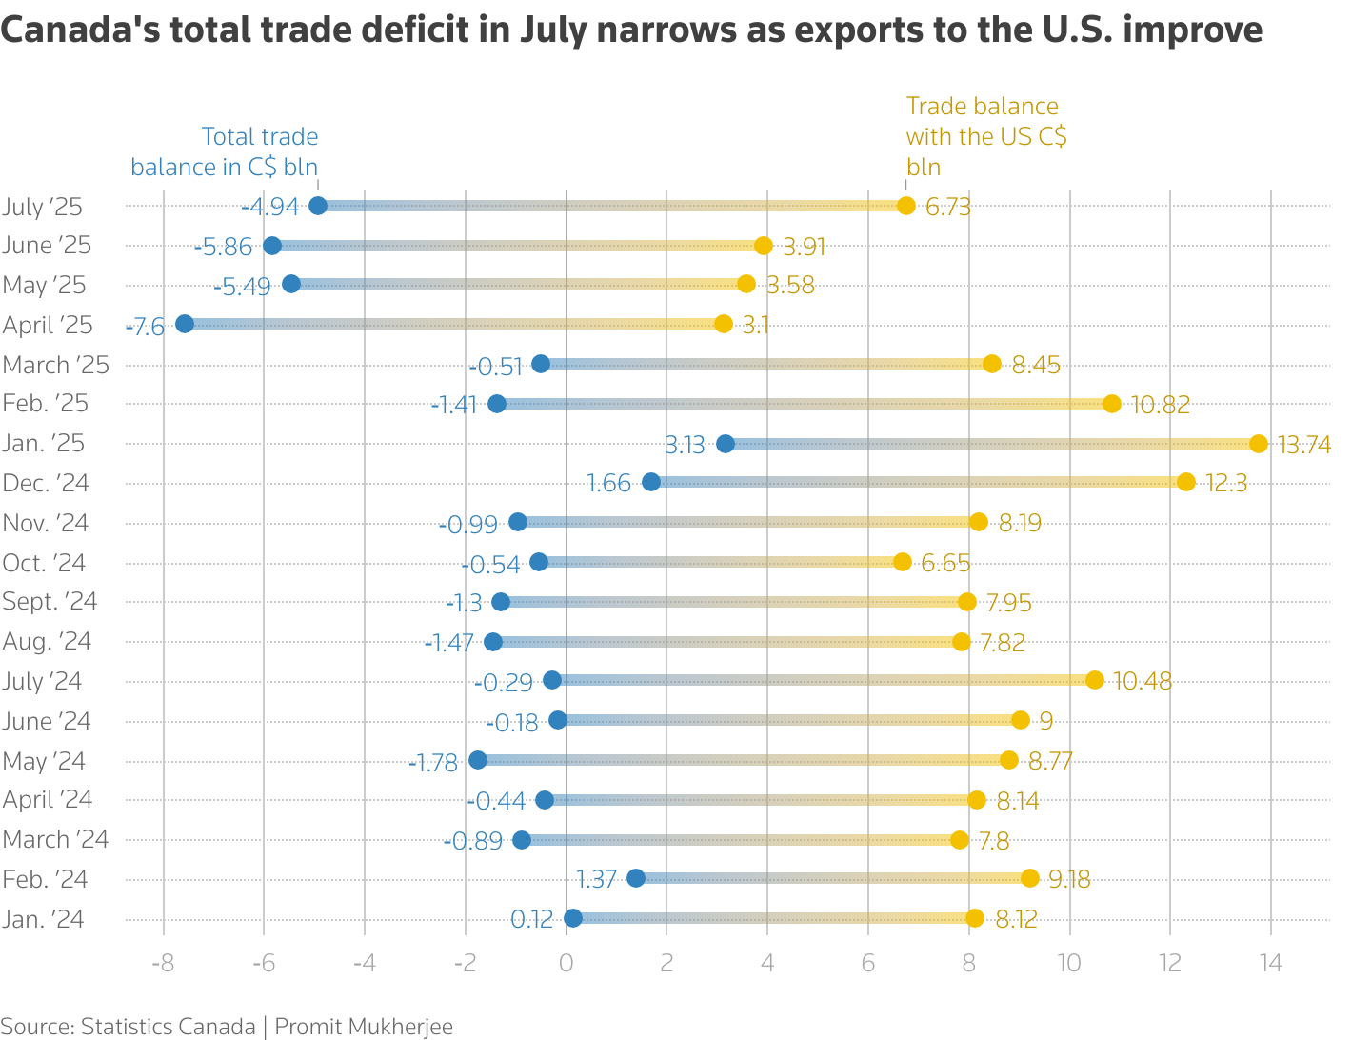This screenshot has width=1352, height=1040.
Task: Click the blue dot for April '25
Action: (185, 324)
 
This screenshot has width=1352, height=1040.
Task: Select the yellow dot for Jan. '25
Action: (1259, 444)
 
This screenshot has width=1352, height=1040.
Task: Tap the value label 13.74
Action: (1303, 445)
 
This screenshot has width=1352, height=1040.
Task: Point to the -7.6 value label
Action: (146, 327)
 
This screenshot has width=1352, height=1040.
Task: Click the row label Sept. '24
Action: (50, 602)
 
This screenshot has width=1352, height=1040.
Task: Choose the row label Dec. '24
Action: (46, 484)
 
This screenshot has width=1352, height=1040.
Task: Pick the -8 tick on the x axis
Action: (163, 963)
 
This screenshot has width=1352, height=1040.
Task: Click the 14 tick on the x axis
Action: (1270, 963)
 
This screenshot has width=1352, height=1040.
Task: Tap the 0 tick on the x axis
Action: (566, 963)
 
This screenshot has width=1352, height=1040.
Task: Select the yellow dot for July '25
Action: (905, 206)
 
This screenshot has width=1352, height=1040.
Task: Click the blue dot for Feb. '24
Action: (636, 878)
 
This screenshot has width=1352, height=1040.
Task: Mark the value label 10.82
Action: (1161, 405)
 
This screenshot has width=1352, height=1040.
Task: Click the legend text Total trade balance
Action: (225, 152)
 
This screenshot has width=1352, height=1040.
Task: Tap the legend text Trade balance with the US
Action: (985, 136)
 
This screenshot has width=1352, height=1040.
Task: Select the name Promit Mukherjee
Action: (364, 1027)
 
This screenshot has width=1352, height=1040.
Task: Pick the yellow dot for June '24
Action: (1021, 720)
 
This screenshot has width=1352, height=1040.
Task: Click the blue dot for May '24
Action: (478, 760)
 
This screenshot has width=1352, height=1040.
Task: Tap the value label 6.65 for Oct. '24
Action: (945, 563)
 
